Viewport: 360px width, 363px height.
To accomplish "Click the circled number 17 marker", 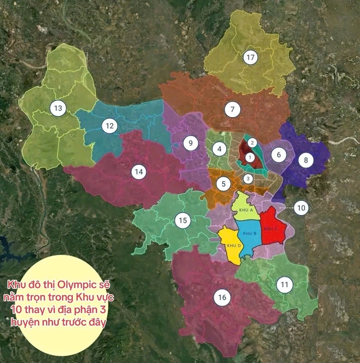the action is click(251, 58).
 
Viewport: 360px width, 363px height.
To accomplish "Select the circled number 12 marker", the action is click(108, 126).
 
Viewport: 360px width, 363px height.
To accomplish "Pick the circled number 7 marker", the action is click(232, 109).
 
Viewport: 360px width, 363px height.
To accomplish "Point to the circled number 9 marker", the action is click(190, 143).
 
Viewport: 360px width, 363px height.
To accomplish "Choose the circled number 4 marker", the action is click(220, 148).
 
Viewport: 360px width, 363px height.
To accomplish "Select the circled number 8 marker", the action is click(306, 161).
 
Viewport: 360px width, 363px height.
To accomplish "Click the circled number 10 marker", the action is click(301, 208).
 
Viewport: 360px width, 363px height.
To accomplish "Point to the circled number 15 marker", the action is click(182, 220).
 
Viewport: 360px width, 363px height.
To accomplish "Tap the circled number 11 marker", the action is click(284, 285).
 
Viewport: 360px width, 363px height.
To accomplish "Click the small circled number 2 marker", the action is click(253, 143).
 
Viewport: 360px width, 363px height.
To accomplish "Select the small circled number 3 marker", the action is click(247, 178).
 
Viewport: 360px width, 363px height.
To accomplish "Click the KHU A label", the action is click(246, 210).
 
